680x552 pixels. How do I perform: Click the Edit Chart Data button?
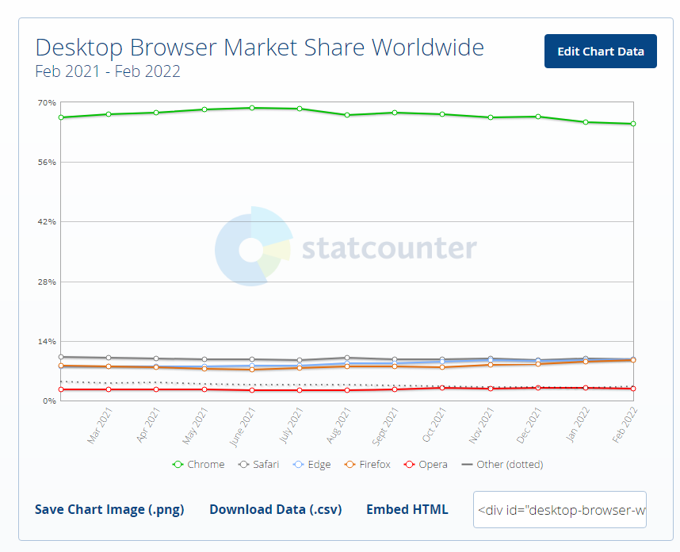600,52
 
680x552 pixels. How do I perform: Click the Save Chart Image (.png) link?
109,509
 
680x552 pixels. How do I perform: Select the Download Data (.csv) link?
275,509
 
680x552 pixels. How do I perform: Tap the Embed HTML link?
407,509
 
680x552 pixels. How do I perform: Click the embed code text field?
560,509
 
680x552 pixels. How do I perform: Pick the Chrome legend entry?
199,464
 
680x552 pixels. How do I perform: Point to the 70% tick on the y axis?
46,102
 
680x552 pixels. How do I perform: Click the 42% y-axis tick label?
46,221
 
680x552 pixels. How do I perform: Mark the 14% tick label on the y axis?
46,341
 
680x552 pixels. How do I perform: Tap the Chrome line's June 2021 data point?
252,108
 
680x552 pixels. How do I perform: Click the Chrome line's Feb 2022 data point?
633,124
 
